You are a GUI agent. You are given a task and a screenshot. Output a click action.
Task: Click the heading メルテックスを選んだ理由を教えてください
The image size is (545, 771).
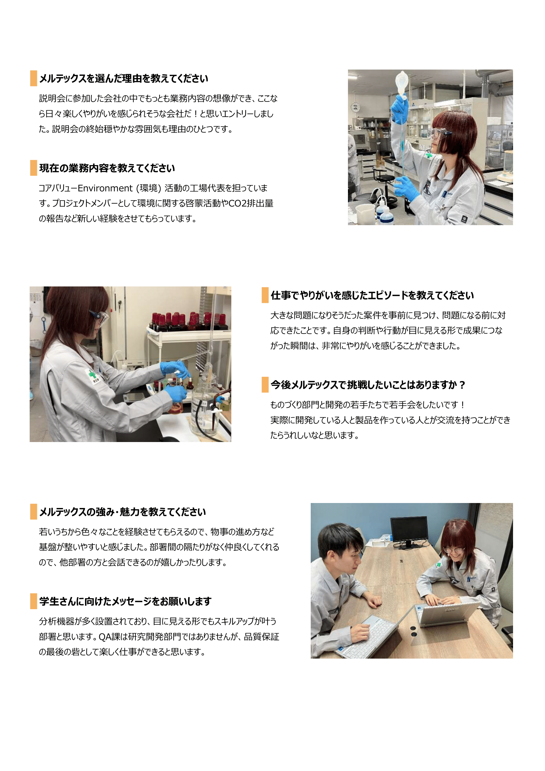pos(124,78)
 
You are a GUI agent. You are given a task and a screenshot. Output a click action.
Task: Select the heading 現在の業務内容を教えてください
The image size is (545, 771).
pos(107,168)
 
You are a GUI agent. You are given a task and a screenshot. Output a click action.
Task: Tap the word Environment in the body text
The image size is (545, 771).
pos(105,188)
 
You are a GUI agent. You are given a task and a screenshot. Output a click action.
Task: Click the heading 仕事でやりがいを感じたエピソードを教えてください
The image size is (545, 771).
pos(372,295)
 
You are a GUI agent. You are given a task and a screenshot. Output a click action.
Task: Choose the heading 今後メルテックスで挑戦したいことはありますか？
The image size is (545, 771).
pos(368,385)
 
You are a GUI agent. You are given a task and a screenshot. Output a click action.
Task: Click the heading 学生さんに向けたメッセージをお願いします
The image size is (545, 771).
pos(125,602)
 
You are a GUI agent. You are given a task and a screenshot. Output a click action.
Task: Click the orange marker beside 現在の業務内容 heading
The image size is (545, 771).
pos(34,168)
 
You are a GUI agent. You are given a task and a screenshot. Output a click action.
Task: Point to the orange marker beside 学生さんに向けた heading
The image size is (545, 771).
pos(34,601)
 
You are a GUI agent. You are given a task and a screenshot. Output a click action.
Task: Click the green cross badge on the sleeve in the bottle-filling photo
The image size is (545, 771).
pos(91,375)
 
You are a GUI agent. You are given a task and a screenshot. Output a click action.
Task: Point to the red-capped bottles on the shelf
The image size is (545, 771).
pos(189,322)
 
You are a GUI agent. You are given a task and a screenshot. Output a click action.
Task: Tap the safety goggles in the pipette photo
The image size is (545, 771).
pos(438,134)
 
